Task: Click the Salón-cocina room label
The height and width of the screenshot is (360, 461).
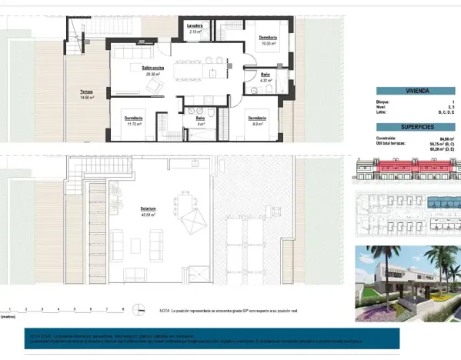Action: [139, 68]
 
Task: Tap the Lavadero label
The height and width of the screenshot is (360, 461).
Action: [195, 25]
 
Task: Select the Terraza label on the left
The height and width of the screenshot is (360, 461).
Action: [86, 93]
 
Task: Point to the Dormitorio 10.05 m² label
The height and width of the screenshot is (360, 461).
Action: [268, 38]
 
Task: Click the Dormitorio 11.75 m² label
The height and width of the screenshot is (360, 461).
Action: [133, 119]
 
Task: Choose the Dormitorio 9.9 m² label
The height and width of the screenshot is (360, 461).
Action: [257, 119]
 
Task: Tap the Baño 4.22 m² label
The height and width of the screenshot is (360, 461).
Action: [264, 76]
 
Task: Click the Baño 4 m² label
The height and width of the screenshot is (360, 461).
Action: [200, 119]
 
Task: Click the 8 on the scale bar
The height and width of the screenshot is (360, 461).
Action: [123, 308]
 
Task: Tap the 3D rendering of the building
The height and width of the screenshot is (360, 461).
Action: [407, 275]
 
